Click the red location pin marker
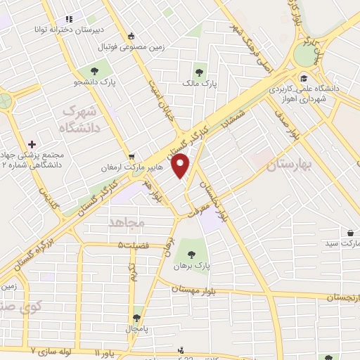click(181, 166)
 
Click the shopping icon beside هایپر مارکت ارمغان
click(132, 157)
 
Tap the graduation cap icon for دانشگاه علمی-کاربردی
click(303, 78)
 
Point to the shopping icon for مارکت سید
click(350, 232)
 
